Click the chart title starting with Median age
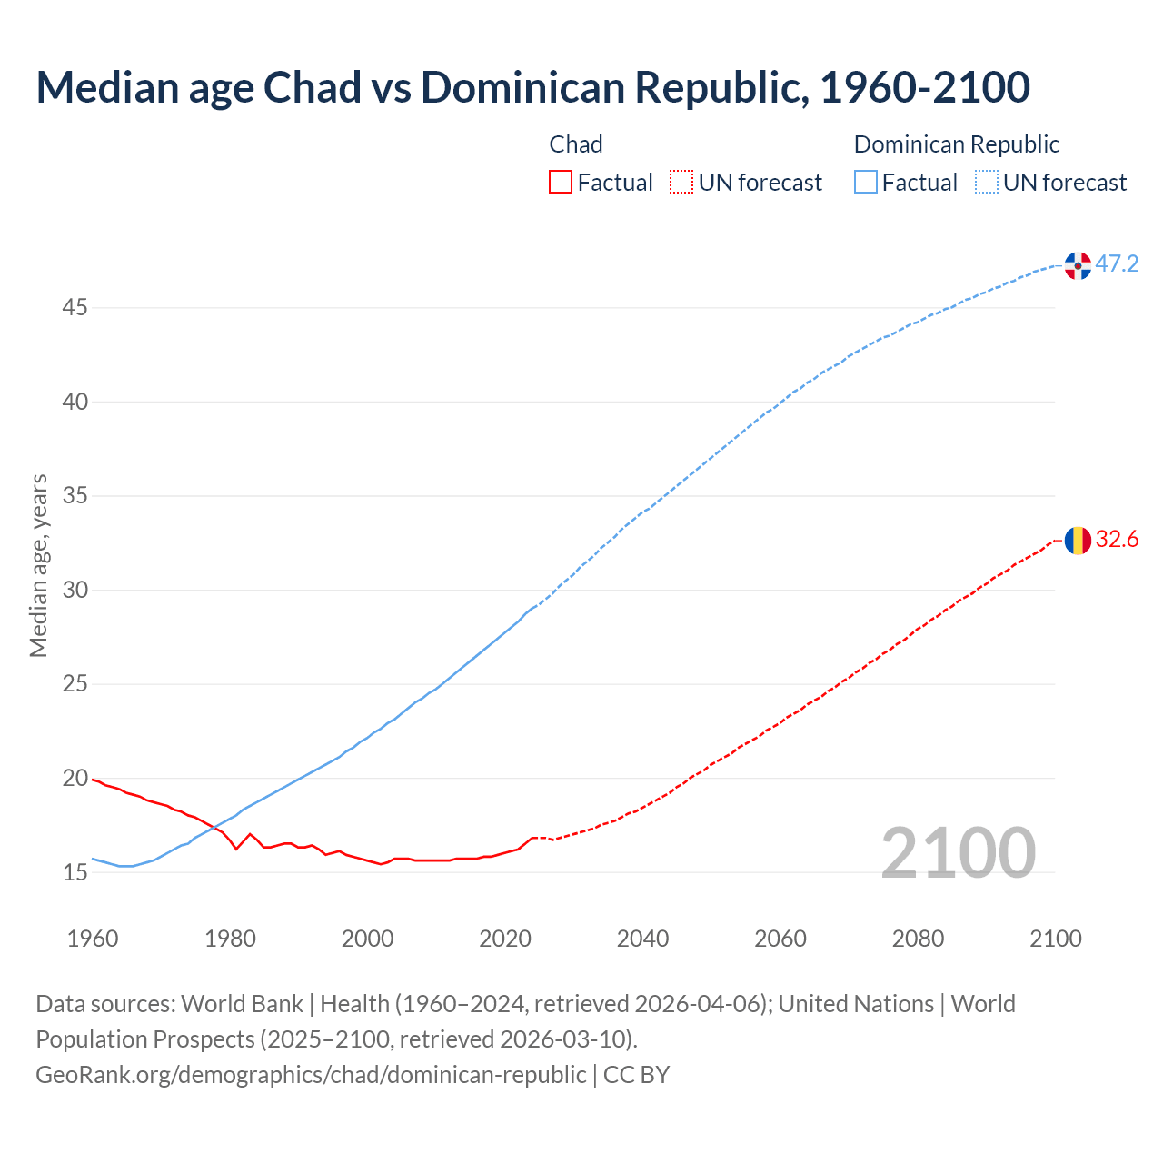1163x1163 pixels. pos(532,87)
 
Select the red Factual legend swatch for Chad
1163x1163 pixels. pos(561,183)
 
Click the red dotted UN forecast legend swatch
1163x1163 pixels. pos(681,183)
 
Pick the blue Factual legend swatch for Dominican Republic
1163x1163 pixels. pos(866,183)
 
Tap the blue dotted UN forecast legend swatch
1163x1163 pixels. pos(987,183)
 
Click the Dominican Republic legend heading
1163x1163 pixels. pos(957,144)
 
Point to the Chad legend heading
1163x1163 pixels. pos(576,144)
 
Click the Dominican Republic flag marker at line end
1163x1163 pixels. pos(1078,265)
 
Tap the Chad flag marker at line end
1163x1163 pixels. pos(1078,541)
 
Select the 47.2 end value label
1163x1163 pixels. pos(1117,264)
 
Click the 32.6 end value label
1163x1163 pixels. pos(1117,540)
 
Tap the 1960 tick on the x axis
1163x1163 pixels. pos(93,939)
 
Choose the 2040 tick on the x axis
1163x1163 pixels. pos(642,939)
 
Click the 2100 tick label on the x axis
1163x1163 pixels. pos(1055,939)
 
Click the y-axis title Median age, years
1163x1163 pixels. pos(38,565)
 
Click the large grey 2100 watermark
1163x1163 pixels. pos(958,852)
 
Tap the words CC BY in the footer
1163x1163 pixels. pos(636,1075)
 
